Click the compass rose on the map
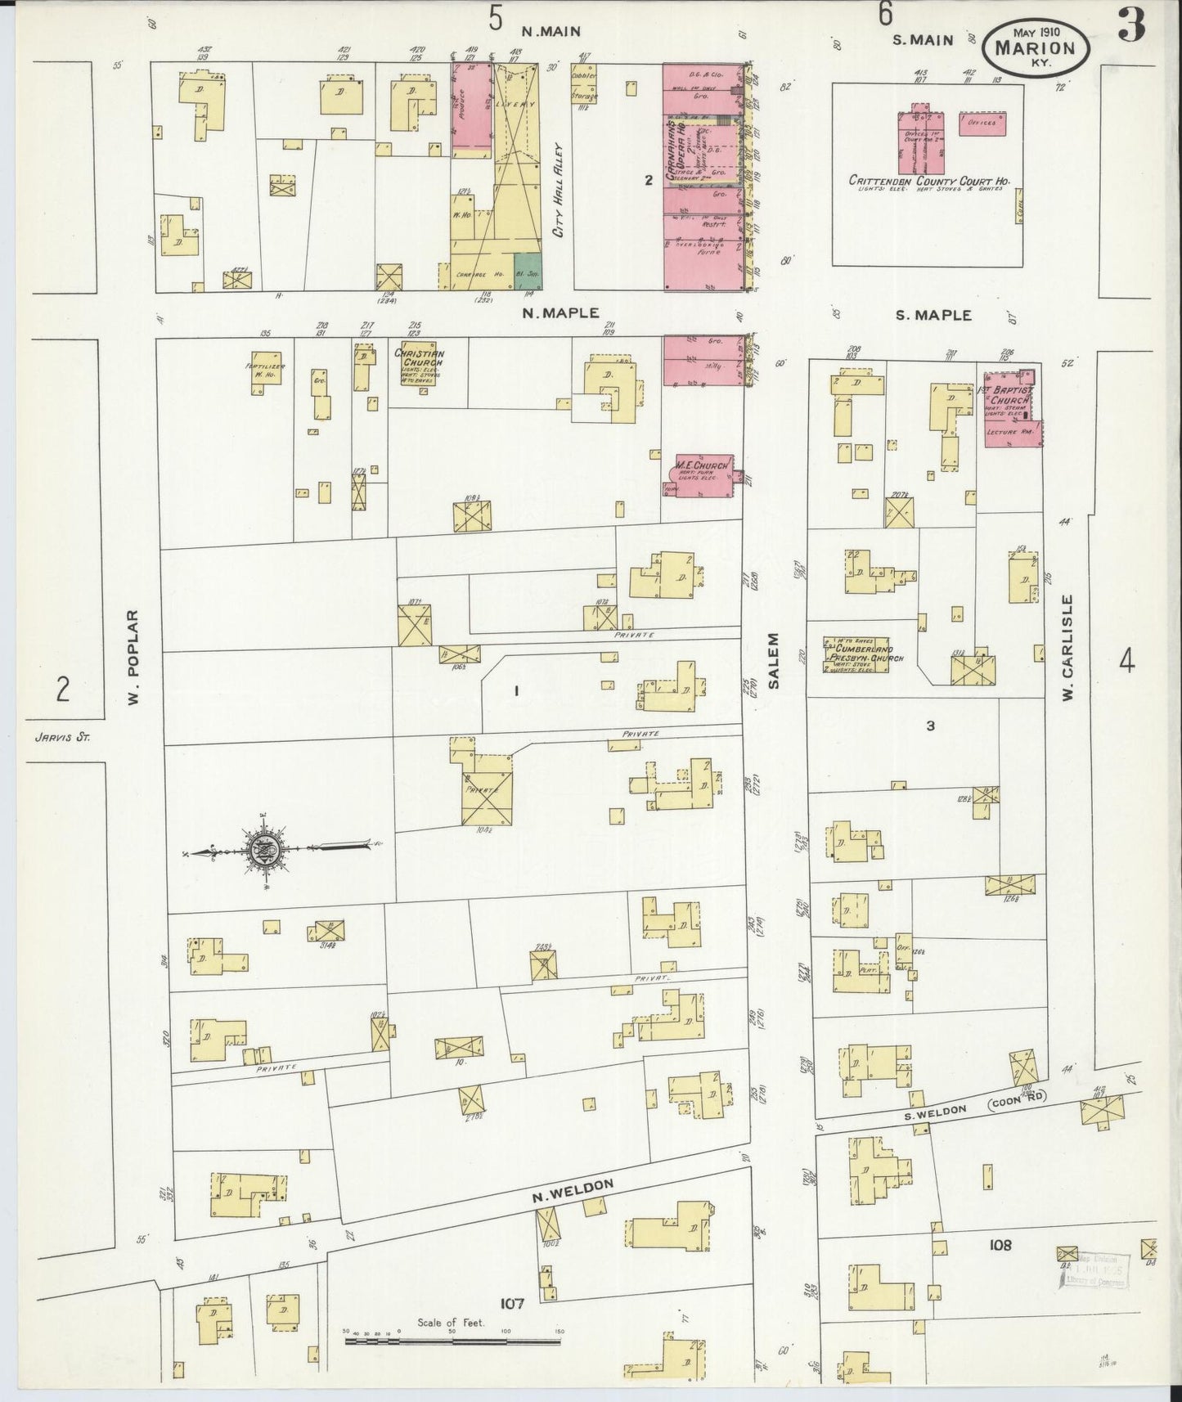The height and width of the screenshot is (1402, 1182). pos(267,851)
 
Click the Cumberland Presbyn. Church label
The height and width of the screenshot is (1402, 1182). pos(858,654)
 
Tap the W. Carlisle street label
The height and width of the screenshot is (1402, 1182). pos(1068,649)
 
